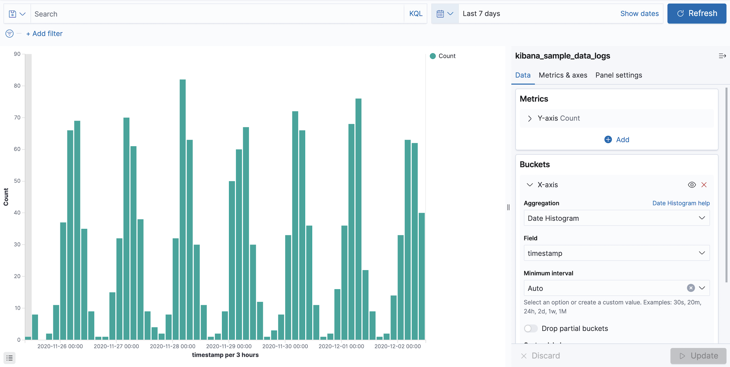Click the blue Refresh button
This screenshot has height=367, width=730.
[696, 14]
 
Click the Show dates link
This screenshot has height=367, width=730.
[639, 14]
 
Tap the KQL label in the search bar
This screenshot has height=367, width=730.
[415, 14]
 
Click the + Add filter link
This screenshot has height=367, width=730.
[44, 34]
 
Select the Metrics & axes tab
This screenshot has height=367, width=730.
[563, 75]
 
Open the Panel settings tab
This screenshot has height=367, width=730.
[618, 75]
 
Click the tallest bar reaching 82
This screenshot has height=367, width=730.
[182, 209]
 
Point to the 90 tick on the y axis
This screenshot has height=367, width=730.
[17, 54]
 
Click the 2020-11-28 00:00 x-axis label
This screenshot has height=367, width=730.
[172, 346]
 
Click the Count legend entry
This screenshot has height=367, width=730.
[446, 56]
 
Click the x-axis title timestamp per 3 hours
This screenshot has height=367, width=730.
[225, 355]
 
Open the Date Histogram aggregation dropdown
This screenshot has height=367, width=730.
[616, 218]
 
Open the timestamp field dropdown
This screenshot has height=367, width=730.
[616, 253]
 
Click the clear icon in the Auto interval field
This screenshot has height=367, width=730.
[691, 288]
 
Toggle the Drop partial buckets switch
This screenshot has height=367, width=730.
[531, 328]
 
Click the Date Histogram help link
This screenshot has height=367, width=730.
[681, 203]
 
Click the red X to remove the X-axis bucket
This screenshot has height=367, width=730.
[704, 185]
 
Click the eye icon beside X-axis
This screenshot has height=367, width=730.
[692, 185]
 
